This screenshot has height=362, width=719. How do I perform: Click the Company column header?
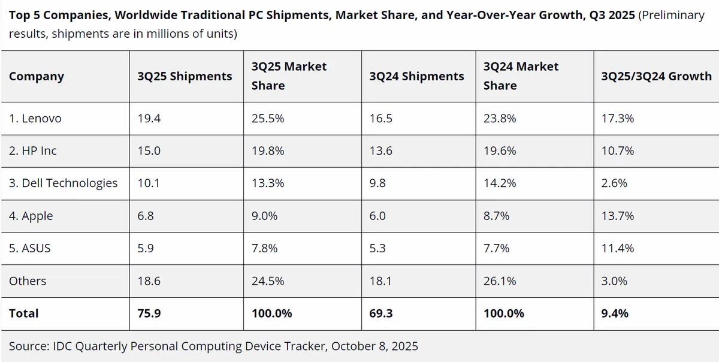(x=37, y=76)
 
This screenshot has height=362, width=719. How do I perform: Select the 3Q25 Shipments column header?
(x=185, y=76)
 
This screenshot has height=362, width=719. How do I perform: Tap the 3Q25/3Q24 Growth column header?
(x=656, y=76)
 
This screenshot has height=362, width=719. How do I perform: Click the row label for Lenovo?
(x=35, y=119)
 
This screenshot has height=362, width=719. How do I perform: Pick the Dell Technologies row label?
(x=64, y=183)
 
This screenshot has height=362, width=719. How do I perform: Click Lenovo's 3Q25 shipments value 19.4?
(x=149, y=119)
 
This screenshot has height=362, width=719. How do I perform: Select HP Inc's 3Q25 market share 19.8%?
(x=268, y=151)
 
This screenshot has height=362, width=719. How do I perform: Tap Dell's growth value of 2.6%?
(x=614, y=183)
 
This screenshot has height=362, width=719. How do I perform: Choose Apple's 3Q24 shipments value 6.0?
(x=378, y=216)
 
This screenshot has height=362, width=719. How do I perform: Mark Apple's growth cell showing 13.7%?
(x=617, y=216)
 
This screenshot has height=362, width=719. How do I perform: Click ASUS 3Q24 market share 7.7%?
(x=496, y=248)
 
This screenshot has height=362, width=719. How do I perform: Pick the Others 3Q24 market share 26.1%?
(x=499, y=280)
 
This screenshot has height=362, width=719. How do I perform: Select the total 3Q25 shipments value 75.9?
(x=149, y=313)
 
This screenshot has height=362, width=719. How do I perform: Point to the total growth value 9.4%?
(x=615, y=313)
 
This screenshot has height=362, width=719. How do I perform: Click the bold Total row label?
(x=24, y=313)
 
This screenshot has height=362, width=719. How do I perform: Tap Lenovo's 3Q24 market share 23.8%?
(x=499, y=119)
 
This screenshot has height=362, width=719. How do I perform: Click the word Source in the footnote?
(x=29, y=346)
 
